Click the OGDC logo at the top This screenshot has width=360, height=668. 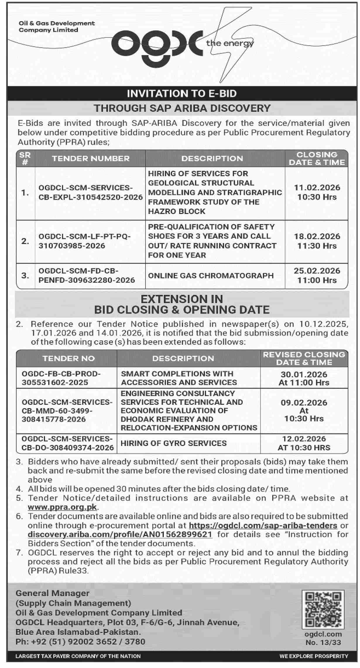click(157, 47)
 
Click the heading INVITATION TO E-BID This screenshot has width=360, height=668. click(182, 94)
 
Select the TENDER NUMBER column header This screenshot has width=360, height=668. click(91, 158)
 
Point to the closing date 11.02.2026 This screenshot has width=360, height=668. click(317, 188)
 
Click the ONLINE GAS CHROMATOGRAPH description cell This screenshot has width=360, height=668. click(211, 276)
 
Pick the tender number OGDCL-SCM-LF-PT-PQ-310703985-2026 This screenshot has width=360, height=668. click(85, 241)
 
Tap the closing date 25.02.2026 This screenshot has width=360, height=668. click(317, 271)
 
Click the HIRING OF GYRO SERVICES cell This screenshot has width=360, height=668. click(174, 443)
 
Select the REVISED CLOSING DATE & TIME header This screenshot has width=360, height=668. click(304, 358)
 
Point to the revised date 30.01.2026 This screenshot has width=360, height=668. click(304, 374)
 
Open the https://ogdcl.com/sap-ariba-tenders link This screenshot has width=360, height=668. click(263, 525)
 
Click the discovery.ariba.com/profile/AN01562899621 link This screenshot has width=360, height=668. click(120, 534)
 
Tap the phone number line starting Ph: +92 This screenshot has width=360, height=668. click(80, 642)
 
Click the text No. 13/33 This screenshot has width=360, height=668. click(323, 643)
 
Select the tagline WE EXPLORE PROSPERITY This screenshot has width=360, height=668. click(314, 656)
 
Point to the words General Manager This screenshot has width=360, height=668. click(52, 593)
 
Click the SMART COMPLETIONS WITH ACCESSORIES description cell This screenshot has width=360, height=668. click(179, 378)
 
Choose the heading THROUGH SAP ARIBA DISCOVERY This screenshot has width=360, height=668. click(182, 108)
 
